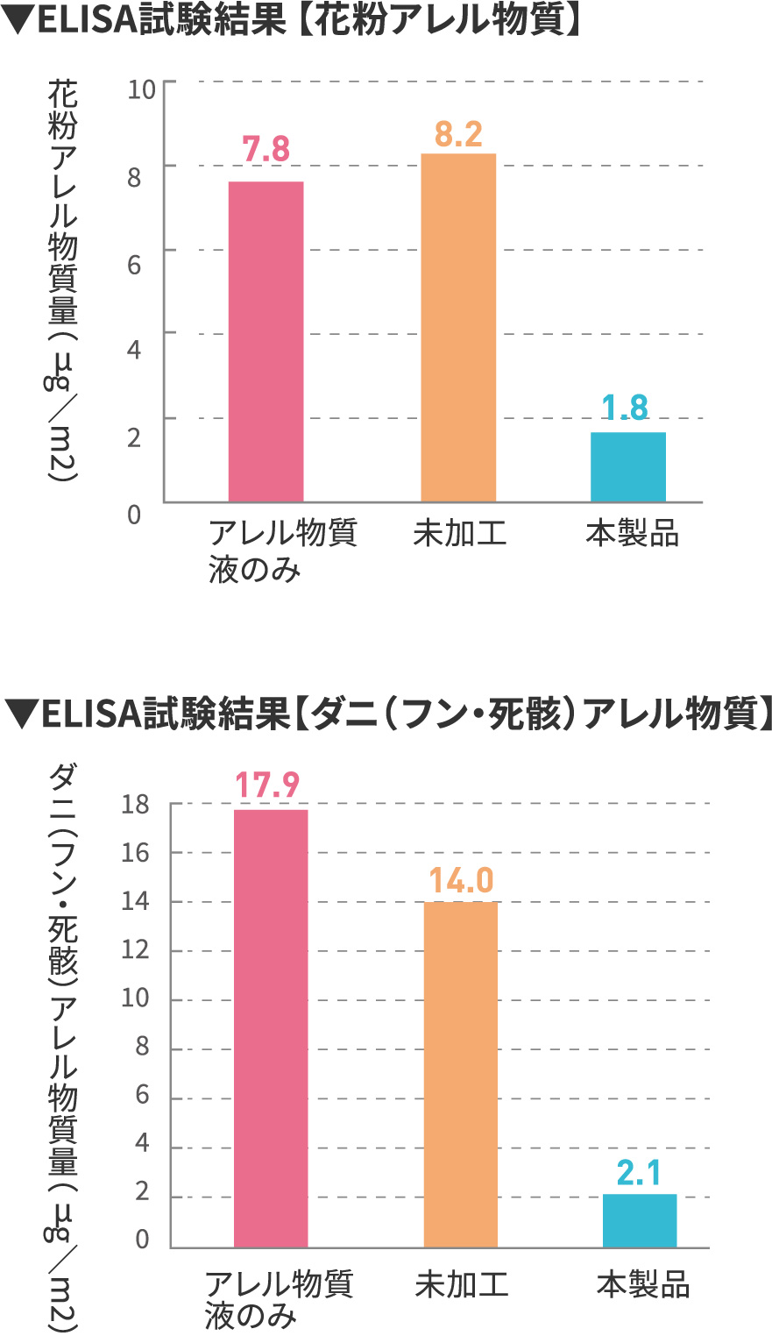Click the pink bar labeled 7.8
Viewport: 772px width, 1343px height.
coord(266,342)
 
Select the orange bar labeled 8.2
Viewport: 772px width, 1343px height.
coord(458,328)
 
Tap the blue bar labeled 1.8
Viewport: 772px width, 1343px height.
coord(627,466)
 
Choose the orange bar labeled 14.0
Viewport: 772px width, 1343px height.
coord(461,1074)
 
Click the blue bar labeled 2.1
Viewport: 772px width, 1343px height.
coord(640,1220)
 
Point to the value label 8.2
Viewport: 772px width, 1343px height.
coord(458,134)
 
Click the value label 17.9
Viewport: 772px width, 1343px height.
coord(267,785)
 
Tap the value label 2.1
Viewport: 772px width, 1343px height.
coord(639,1173)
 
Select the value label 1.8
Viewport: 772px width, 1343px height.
coord(626,408)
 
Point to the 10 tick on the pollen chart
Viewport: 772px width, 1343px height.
coord(141,89)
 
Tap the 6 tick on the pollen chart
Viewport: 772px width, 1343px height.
coord(134,264)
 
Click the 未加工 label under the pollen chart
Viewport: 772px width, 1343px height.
coord(460,533)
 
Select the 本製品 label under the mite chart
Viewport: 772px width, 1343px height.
coord(643,1285)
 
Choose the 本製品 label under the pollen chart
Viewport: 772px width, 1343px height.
coord(632,533)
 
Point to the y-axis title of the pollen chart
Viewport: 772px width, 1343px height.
coord(61,281)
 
